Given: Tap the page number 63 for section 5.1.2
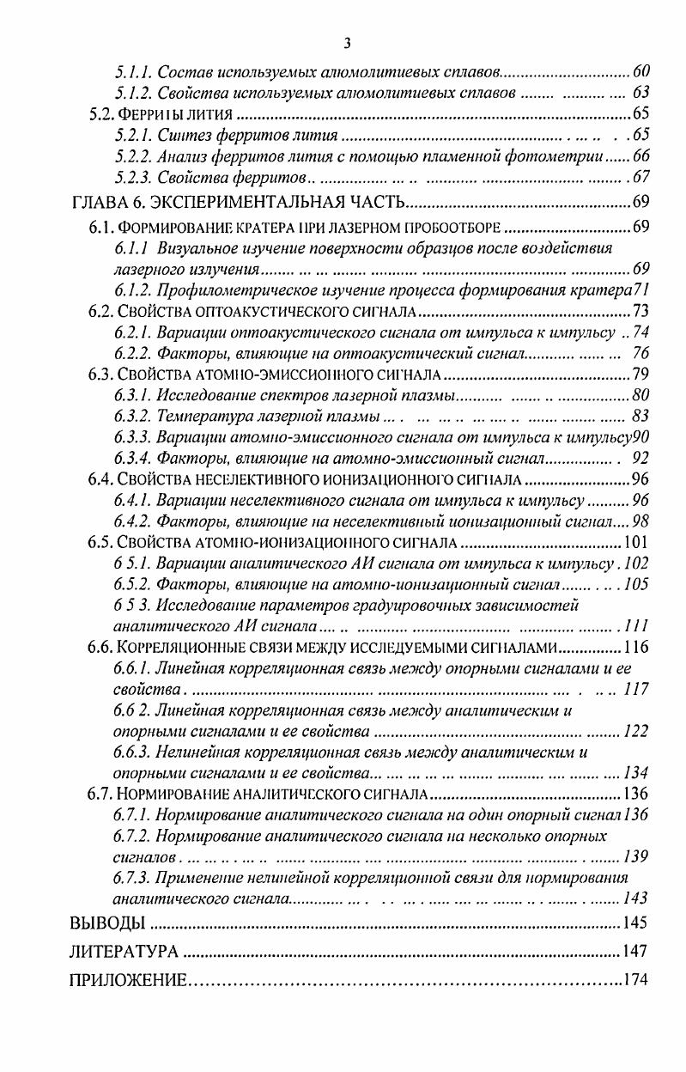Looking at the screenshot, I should [x=640, y=91].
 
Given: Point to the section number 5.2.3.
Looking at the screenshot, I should [x=133, y=177].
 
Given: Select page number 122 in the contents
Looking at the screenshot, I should [x=635, y=731].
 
